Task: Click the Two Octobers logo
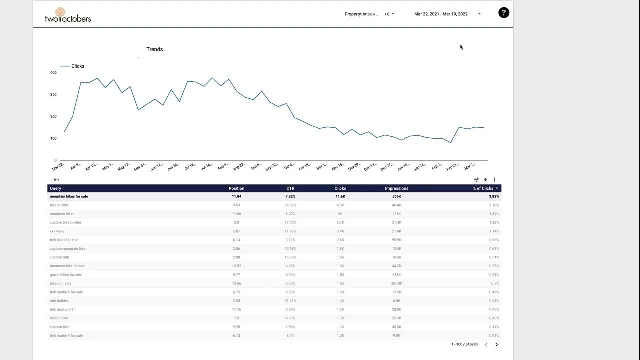pos(68,15)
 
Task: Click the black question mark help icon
pos(504,13)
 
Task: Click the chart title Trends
pos(155,49)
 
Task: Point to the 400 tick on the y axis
pos(54,73)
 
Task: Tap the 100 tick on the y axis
pos(54,138)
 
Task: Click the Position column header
pos(236,188)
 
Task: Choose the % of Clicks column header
pos(483,188)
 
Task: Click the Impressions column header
pos(396,188)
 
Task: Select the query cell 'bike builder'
pos(59,205)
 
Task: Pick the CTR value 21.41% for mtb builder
pos(290,301)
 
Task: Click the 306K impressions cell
pos(396,197)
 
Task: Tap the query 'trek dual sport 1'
pos(63,310)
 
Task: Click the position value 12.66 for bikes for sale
pos(236,283)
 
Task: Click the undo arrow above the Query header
pos(57,180)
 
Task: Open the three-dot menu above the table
pos(494,180)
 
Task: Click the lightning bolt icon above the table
pos(485,180)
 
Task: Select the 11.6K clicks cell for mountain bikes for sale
pos(340,197)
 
